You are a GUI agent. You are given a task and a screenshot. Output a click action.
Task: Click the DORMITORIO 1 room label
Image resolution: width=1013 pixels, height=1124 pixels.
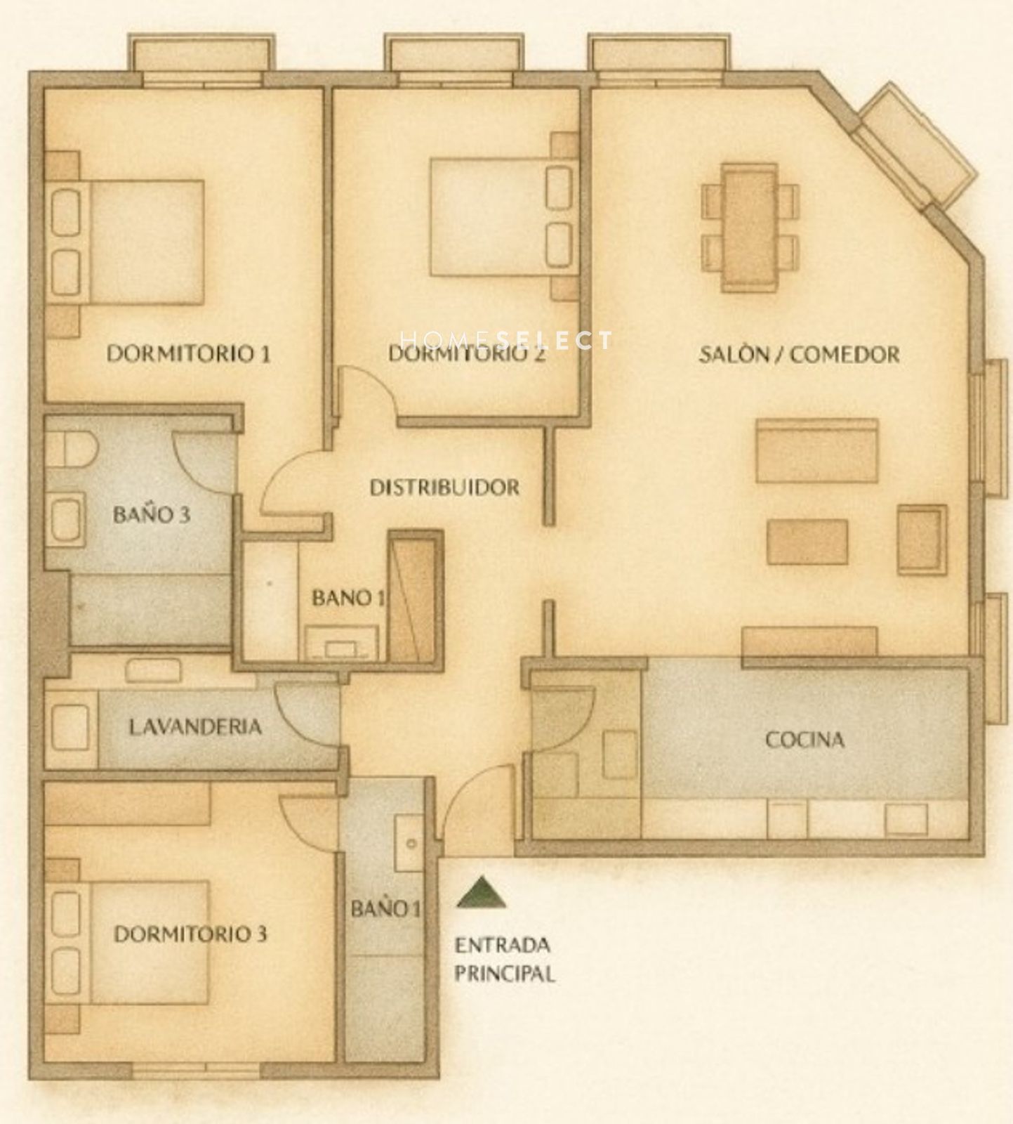tap(188, 353)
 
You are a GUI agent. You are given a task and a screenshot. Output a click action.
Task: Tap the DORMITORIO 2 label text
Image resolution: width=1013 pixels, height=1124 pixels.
tap(467, 353)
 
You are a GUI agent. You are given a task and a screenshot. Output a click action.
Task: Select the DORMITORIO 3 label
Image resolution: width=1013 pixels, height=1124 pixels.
tap(190, 934)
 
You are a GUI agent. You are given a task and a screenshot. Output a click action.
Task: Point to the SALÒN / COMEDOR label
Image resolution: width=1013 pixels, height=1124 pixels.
tap(799, 354)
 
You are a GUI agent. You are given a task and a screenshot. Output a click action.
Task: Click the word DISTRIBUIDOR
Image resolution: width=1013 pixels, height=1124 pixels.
tap(444, 487)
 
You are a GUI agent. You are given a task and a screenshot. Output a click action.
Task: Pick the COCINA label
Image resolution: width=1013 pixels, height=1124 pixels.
tap(805, 739)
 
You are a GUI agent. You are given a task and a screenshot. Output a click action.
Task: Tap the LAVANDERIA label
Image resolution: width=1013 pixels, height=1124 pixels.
tap(195, 726)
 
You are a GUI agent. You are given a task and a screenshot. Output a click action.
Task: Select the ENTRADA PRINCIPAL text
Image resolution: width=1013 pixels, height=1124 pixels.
tap(505, 959)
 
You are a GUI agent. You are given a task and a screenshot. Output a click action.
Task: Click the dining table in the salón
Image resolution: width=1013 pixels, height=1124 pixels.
tap(750, 227)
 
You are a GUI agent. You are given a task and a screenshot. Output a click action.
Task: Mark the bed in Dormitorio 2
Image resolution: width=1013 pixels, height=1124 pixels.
tap(505, 217)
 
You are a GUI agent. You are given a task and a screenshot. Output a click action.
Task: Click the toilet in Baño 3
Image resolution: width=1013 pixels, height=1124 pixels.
tap(71, 449)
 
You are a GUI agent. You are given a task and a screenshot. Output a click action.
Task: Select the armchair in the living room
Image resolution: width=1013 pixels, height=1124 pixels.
tap(922, 540)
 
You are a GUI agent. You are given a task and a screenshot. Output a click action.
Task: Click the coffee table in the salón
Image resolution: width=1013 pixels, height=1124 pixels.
tap(807, 542)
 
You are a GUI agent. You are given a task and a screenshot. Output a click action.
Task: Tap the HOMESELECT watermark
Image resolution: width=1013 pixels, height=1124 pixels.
tap(505, 340)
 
